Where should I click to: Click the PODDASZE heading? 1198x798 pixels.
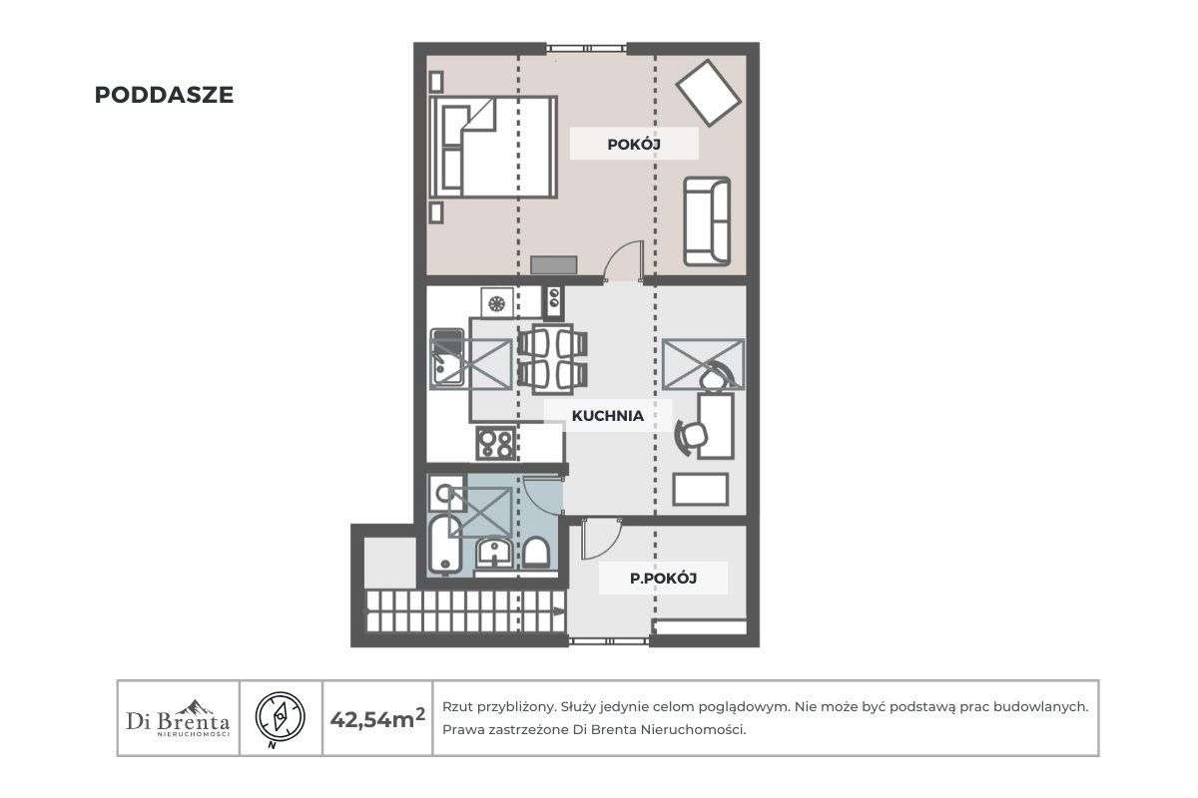(x=164, y=95)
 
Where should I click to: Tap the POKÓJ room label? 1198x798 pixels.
(x=635, y=145)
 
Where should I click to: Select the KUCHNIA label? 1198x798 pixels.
(x=607, y=416)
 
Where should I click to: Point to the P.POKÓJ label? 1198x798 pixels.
(x=662, y=578)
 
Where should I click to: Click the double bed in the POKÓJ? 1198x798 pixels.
(x=492, y=148)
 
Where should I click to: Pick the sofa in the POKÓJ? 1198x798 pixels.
(x=707, y=220)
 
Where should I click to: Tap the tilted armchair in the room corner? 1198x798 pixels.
(x=709, y=92)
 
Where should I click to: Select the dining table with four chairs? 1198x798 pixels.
(x=553, y=357)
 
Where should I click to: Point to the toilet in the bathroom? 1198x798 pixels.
(x=536, y=553)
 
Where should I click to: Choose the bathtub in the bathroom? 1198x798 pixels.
(x=445, y=544)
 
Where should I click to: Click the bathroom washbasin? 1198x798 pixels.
(x=493, y=552)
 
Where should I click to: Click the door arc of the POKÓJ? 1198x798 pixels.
(x=624, y=260)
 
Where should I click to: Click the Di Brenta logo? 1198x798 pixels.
(x=179, y=718)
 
